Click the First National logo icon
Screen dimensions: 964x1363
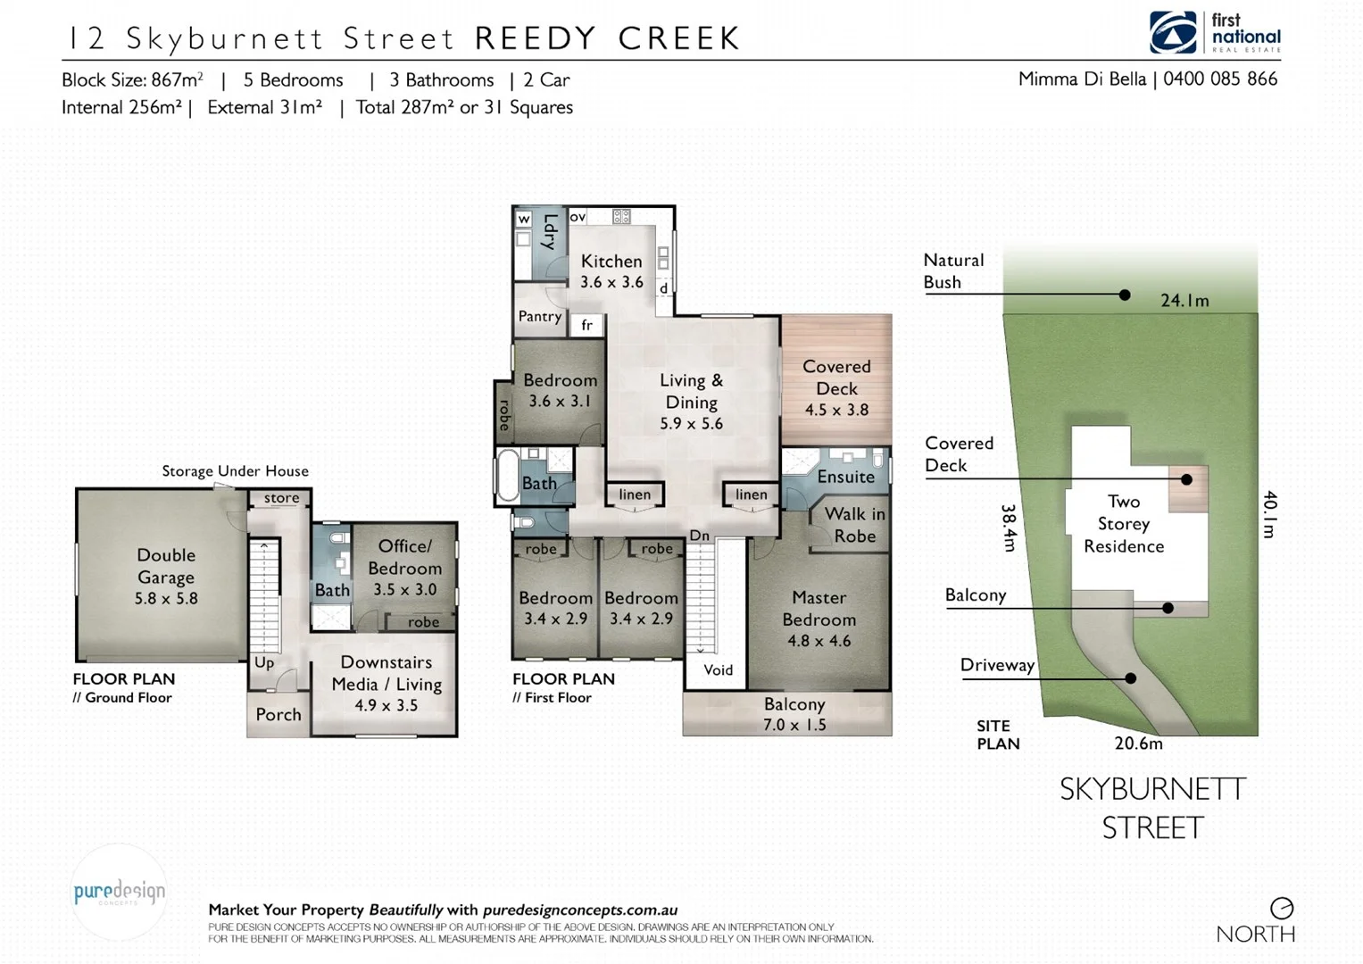[x=1173, y=33]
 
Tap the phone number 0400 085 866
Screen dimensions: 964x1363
[x=1219, y=79]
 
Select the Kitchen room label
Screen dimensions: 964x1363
[x=611, y=262]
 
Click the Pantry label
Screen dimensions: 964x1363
[x=540, y=317]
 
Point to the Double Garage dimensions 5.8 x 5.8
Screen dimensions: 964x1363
[x=166, y=599]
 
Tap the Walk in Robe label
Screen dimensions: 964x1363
[x=854, y=525]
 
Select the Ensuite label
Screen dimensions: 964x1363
[x=845, y=477]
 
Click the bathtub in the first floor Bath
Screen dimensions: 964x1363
[x=506, y=474]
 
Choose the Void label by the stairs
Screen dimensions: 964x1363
[x=718, y=670]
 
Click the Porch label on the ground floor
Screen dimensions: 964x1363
[x=278, y=715]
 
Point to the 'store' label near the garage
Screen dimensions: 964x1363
[x=281, y=498]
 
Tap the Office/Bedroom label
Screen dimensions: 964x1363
[x=404, y=557]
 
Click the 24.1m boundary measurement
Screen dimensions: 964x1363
[x=1184, y=301]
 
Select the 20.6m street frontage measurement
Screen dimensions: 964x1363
[x=1138, y=744]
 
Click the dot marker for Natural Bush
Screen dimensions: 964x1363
[x=1125, y=295]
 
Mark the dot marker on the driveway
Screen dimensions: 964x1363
[x=1130, y=678]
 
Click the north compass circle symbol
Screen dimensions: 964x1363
[x=1282, y=909]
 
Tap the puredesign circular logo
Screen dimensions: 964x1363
[x=119, y=892]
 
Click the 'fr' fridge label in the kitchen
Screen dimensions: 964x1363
[x=586, y=326]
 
